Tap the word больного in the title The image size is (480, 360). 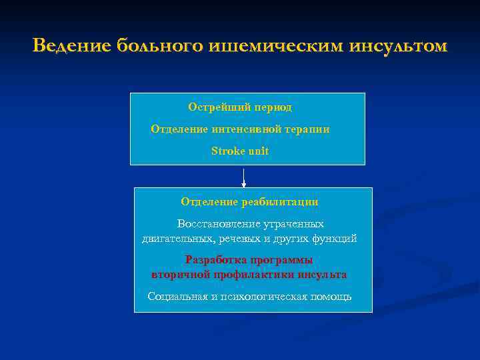160,46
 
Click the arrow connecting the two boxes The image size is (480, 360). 244,177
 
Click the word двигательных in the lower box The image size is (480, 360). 177,238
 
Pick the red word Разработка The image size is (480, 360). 214,260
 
